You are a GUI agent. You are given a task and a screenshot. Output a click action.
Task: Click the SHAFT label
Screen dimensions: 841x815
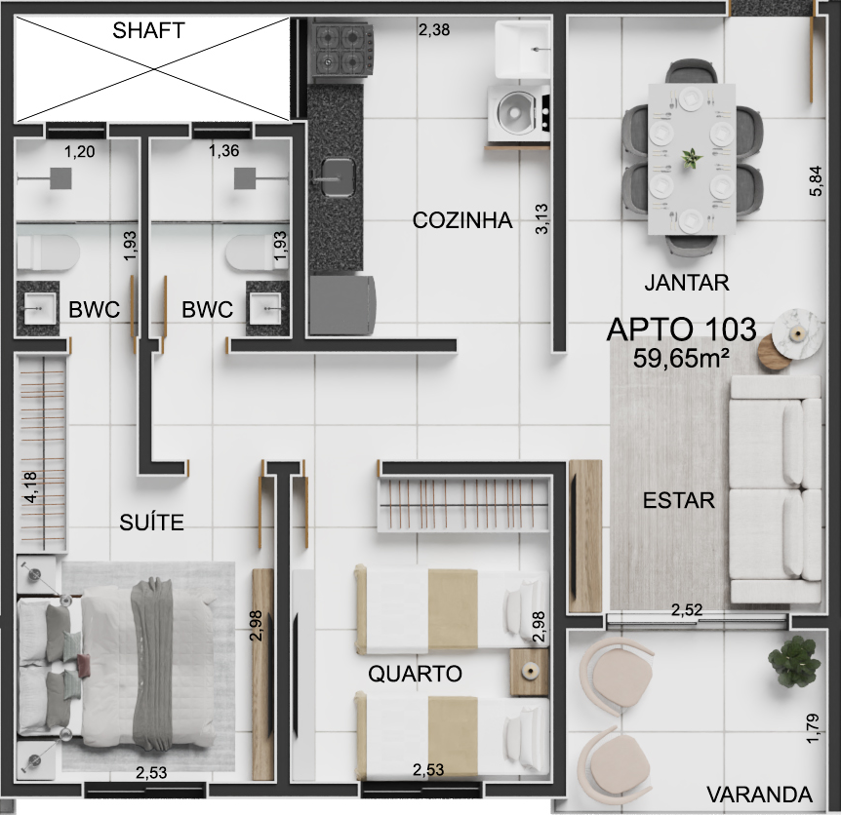[148, 30]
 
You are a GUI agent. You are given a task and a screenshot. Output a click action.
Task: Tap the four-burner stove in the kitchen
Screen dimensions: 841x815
[343, 49]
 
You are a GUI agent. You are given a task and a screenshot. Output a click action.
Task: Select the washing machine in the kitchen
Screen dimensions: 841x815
[519, 113]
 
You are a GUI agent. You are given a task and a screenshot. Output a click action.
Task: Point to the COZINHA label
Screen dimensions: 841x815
[462, 220]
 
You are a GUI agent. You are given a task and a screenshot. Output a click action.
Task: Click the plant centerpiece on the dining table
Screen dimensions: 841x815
[692, 158]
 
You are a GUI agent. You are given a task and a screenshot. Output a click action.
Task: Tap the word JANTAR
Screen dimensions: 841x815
[687, 283]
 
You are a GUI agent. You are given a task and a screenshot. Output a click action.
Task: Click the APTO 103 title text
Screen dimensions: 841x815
[681, 329]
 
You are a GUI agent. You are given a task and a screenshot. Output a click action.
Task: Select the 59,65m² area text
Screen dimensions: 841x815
[681, 359]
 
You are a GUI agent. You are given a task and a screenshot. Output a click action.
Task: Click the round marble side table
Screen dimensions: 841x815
[797, 332]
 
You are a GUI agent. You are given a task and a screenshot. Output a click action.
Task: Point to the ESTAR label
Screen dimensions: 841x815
[678, 500]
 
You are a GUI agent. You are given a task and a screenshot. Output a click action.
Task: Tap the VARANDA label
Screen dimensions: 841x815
[759, 795]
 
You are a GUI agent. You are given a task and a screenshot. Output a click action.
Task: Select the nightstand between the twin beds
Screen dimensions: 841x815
[530, 672]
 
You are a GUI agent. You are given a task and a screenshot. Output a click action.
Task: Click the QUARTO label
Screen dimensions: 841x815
[415, 674]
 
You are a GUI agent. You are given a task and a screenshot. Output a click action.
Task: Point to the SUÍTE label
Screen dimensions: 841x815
[151, 522]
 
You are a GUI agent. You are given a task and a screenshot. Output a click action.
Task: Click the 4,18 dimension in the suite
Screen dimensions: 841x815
[30, 487]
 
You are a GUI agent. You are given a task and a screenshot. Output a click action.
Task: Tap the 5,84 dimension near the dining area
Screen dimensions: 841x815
[816, 180]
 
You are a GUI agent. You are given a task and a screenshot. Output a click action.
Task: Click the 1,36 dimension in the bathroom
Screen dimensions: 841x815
[223, 151]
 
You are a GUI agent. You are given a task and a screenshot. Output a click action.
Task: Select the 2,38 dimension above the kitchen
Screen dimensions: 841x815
[434, 29]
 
